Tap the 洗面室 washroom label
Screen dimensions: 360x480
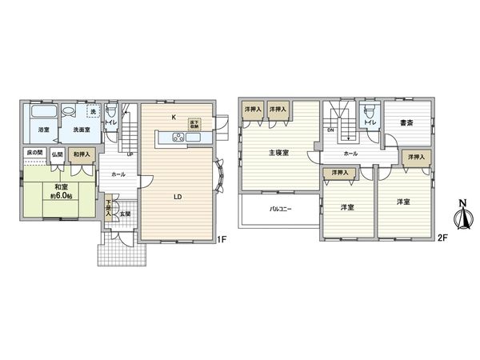click(x=76, y=130)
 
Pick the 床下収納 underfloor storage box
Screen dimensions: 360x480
click(x=194, y=125)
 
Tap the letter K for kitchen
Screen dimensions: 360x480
click(x=174, y=117)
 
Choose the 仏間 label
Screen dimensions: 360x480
click(x=57, y=153)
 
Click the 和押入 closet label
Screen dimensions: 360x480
click(x=81, y=153)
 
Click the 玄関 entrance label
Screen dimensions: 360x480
click(x=125, y=214)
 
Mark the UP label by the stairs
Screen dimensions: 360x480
click(x=130, y=154)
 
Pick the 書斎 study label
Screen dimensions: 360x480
click(x=406, y=122)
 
